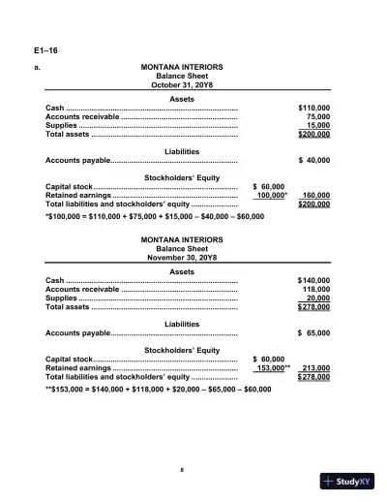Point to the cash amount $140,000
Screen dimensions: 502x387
tap(313, 280)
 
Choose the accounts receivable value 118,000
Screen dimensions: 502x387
tap(315, 289)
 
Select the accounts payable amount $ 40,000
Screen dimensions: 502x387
tap(313, 160)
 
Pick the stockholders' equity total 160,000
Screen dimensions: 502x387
tap(315, 195)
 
